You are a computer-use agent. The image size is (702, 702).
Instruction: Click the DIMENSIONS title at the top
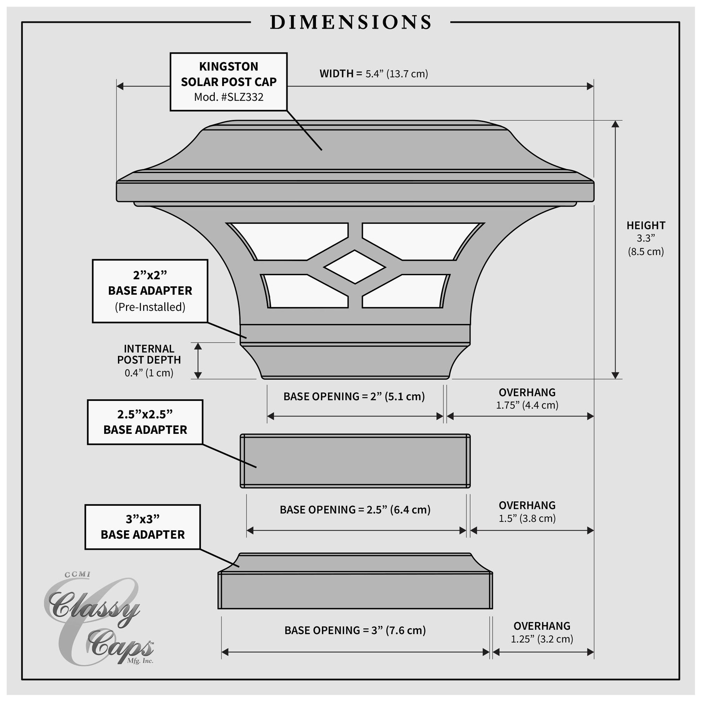click(351, 22)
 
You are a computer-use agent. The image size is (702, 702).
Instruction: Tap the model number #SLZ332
click(242, 97)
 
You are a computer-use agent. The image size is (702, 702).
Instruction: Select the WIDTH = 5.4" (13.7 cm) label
click(374, 74)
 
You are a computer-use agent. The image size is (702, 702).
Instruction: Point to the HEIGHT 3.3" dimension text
click(646, 238)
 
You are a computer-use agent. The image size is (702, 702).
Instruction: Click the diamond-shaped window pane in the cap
click(355, 267)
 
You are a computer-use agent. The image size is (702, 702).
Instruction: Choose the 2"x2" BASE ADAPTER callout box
click(150, 291)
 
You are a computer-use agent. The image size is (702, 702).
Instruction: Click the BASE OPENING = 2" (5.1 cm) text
click(354, 396)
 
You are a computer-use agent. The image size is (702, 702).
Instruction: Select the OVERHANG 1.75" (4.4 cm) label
click(527, 399)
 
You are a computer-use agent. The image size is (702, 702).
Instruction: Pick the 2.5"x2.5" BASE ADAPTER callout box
click(145, 422)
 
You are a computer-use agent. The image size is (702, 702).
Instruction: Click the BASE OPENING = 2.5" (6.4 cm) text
click(355, 510)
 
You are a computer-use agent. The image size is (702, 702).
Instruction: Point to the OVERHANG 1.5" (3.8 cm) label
click(527, 512)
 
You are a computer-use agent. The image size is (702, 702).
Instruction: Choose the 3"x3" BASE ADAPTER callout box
click(143, 527)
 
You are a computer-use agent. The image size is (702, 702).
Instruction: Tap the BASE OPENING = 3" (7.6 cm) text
click(355, 630)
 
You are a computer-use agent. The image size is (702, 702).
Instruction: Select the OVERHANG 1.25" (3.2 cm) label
click(542, 633)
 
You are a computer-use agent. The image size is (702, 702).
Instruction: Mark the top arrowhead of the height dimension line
click(615, 124)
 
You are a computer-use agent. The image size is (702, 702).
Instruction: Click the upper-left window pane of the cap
click(289, 241)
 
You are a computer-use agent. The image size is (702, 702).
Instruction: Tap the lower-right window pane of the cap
click(406, 291)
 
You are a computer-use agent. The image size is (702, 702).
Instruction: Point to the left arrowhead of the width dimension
click(120, 86)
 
